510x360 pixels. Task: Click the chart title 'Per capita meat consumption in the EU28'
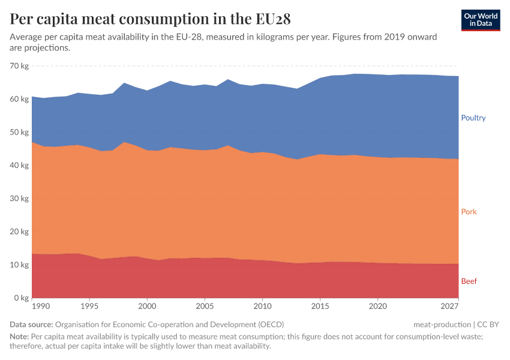click(150, 19)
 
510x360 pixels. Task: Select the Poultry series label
click(473, 118)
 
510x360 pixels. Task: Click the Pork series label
click(469, 212)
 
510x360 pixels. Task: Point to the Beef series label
click(469, 281)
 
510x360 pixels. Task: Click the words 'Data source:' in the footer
click(31, 325)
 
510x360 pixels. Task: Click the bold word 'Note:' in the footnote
click(20, 336)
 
